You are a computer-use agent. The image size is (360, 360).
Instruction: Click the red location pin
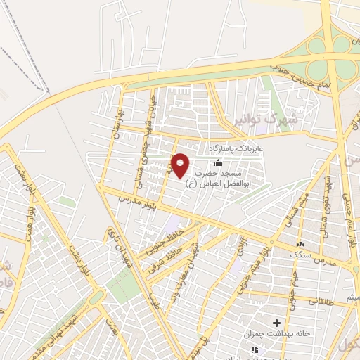coord(180,165)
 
